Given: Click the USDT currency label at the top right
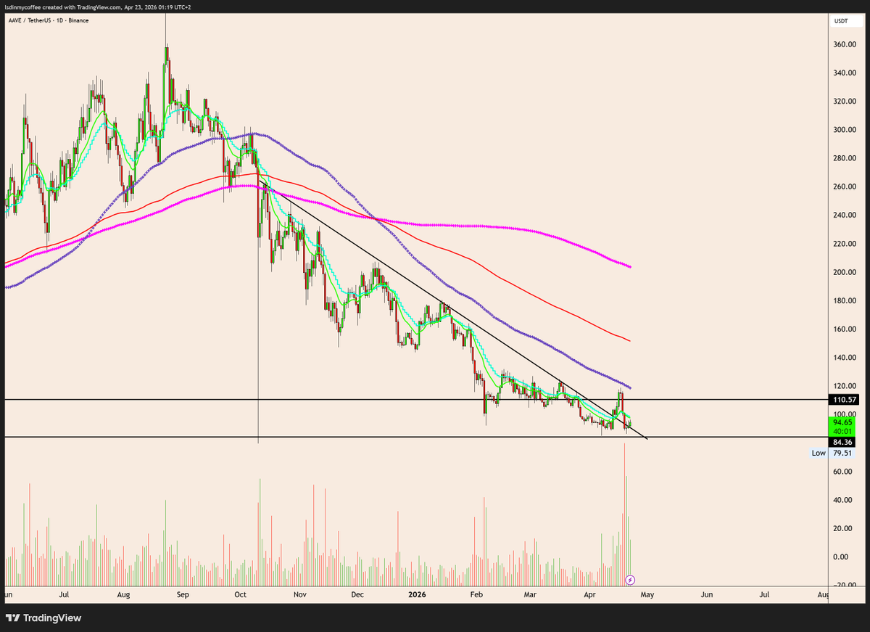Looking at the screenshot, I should (841, 21).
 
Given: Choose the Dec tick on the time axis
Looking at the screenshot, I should (357, 595).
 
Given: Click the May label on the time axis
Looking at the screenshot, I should (647, 595).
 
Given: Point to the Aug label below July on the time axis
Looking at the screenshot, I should (123, 595).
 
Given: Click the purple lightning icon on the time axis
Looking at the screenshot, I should (630, 580).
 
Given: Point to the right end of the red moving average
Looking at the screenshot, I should (629, 340).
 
